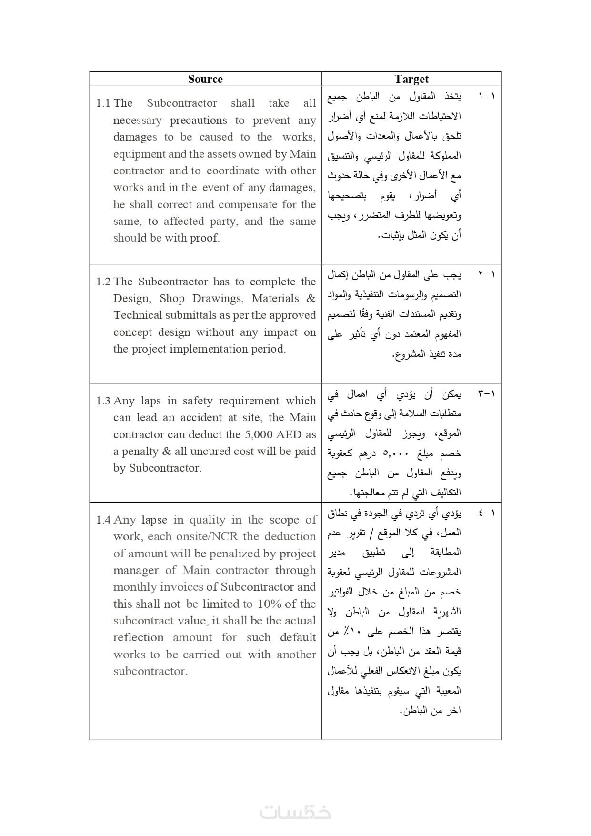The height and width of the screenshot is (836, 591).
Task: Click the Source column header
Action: click(x=205, y=79)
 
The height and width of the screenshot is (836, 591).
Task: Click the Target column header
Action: click(x=411, y=79)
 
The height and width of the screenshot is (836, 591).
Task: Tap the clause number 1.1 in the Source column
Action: click(x=103, y=103)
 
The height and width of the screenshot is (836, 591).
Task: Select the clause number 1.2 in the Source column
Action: click(x=103, y=282)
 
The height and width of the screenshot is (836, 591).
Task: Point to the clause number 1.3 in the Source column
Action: click(x=103, y=401)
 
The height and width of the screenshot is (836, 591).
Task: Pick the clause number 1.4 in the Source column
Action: click(x=103, y=520)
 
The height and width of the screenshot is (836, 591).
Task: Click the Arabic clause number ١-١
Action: click(x=487, y=96)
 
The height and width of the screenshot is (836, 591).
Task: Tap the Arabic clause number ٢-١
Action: click(x=487, y=274)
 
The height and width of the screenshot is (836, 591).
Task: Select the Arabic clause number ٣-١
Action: click(x=487, y=394)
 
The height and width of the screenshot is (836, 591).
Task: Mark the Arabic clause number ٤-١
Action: click(x=487, y=513)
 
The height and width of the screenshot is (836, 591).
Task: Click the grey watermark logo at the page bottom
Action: click(x=295, y=812)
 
